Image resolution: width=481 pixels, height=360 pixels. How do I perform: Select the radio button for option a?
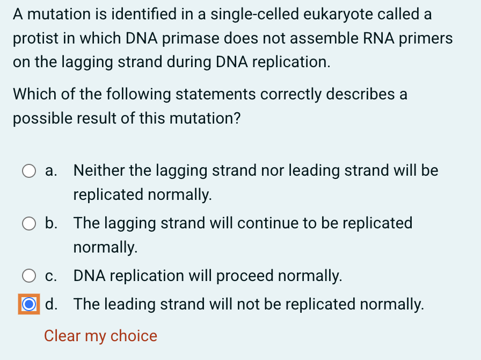[x=29, y=171]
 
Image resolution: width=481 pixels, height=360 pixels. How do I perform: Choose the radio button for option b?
[x=29, y=224]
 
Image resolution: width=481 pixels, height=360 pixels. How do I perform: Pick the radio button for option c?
[x=29, y=276]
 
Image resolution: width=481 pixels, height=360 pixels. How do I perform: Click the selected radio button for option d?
[x=29, y=305]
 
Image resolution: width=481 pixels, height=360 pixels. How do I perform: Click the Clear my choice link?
[x=100, y=336]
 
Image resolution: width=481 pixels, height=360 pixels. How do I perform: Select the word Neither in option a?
[x=99, y=171]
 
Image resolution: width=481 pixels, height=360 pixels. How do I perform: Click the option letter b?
[x=52, y=223]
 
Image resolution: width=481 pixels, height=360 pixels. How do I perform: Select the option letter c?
[x=52, y=276]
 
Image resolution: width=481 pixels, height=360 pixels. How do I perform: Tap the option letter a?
[x=52, y=171]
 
